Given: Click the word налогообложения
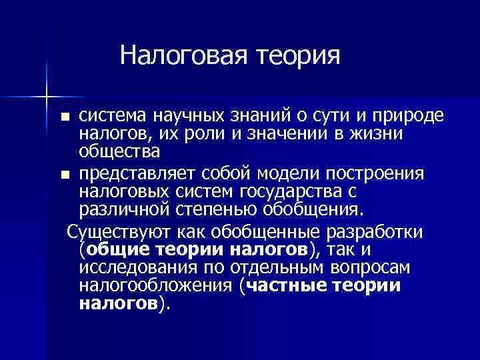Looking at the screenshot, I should click(157, 287).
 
